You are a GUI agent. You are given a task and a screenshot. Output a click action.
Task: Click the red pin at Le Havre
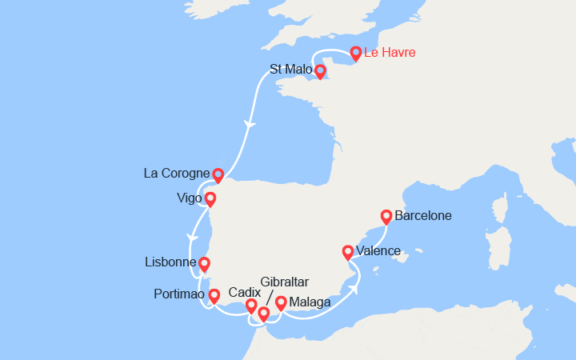[356, 54]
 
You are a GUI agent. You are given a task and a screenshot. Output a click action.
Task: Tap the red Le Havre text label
[390, 54]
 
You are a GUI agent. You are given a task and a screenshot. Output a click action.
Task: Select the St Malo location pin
[320, 71]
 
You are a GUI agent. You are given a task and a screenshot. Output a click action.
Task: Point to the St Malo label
[288, 70]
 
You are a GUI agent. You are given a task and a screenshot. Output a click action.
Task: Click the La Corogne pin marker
[218, 174]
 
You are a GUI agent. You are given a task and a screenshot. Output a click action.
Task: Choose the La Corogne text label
[176, 173]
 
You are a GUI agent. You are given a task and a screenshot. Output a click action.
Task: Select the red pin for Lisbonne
[204, 263]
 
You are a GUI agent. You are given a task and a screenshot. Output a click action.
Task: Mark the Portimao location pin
[214, 296]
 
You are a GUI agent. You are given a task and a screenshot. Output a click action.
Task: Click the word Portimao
[179, 294]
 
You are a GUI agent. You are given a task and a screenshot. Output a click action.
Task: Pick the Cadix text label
[244, 293]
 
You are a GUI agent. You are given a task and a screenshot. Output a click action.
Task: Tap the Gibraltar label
[285, 282]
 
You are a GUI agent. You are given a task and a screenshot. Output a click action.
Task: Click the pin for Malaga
[281, 302]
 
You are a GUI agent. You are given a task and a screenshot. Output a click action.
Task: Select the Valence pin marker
[348, 251]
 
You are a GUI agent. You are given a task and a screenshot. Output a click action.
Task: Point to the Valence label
[378, 251]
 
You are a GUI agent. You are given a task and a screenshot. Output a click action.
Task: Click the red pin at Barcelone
[386, 216]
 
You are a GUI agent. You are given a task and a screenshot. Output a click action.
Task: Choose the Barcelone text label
[422, 216]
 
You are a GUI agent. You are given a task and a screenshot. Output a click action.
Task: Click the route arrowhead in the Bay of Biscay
[250, 125]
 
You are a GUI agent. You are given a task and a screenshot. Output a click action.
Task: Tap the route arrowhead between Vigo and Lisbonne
[191, 237]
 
